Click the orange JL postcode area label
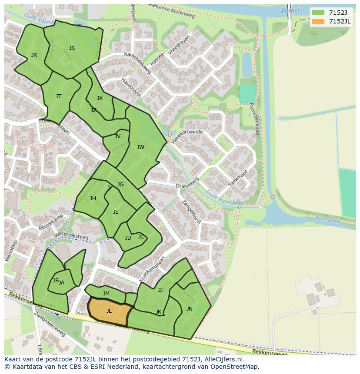point(109,311)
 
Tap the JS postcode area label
point(72,48)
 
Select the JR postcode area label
point(34,55)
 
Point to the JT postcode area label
point(59,96)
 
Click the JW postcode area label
point(140,147)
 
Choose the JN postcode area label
point(189,309)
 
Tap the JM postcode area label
point(106,294)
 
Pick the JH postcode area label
point(93,199)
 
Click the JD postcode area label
point(128,238)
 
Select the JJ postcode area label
point(160,290)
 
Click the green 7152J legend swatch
point(318,13)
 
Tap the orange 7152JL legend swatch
point(318,21)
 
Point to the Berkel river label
point(290,10)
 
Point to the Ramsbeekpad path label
point(254,119)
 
